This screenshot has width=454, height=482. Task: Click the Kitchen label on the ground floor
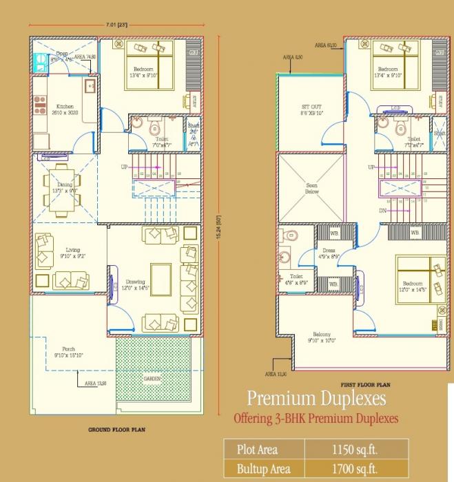[65, 107]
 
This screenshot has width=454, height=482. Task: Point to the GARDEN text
[153, 379]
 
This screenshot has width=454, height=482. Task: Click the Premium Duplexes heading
[316, 399]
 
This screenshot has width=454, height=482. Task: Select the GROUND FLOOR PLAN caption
[116, 429]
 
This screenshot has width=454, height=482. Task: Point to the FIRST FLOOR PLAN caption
[366, 384]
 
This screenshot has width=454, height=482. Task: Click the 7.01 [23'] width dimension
[116, 25]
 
